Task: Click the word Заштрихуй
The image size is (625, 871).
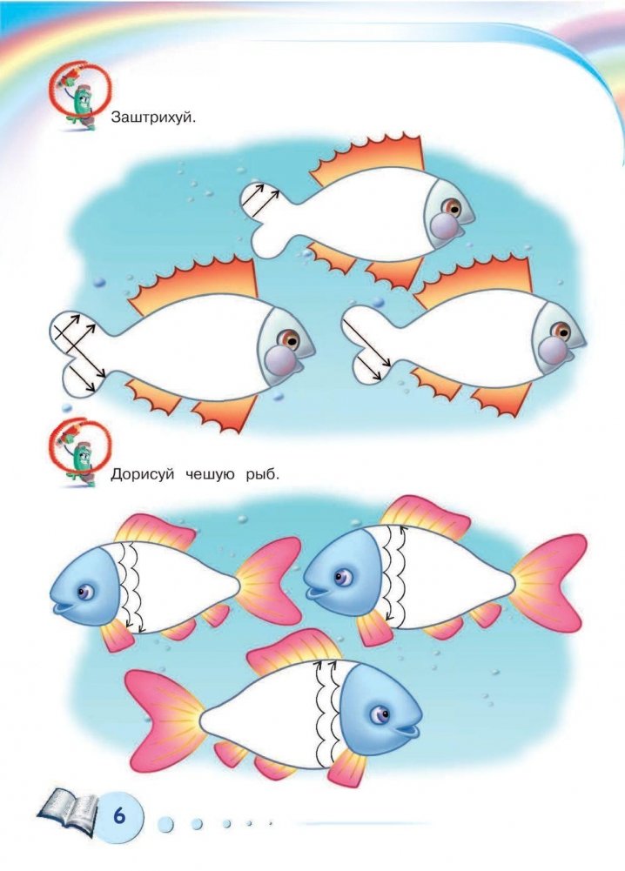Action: (154, 117)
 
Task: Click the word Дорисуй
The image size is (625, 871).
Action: (142, 475)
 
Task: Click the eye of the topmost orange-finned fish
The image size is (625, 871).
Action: (454, 208)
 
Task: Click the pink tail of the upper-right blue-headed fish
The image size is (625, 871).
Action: (548, 581)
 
